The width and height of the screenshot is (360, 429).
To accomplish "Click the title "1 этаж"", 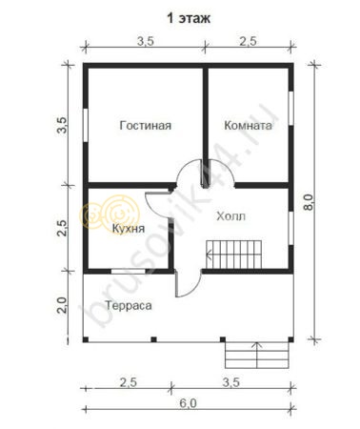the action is coord(189,18).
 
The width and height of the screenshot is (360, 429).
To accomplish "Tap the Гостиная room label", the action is coord(146,125).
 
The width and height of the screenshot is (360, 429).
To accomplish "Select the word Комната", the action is coord(248,125).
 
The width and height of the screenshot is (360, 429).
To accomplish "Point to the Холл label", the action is coord(231,216).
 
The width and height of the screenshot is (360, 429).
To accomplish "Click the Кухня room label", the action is coord(129,228).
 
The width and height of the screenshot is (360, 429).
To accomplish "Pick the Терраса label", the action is coord(129,305).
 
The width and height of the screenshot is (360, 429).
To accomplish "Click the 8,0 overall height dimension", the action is coord(308,202).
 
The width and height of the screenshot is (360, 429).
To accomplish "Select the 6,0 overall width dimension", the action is coord(188,403).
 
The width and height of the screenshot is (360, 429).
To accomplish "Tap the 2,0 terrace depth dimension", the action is coord(62,305).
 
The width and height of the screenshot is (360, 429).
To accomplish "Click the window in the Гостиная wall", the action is coord(86,125).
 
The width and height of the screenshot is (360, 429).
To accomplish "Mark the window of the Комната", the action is coord(290,109).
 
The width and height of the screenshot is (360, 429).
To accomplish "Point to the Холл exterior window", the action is coord(290,228).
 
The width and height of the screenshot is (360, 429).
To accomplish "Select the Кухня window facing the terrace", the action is coord(129,272).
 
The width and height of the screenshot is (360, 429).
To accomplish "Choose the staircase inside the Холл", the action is coord(234,255).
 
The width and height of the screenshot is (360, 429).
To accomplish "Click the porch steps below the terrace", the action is coord(257,355).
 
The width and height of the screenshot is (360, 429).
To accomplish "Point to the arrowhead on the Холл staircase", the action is coord(209,255).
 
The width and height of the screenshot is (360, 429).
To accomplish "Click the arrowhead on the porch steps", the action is coord(257,344).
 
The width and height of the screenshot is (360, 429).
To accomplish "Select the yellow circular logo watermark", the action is coord(110,213).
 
